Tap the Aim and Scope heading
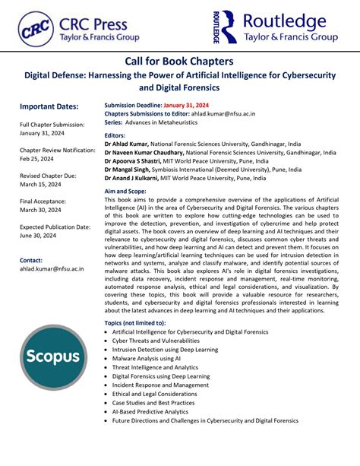tap(125, 192)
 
